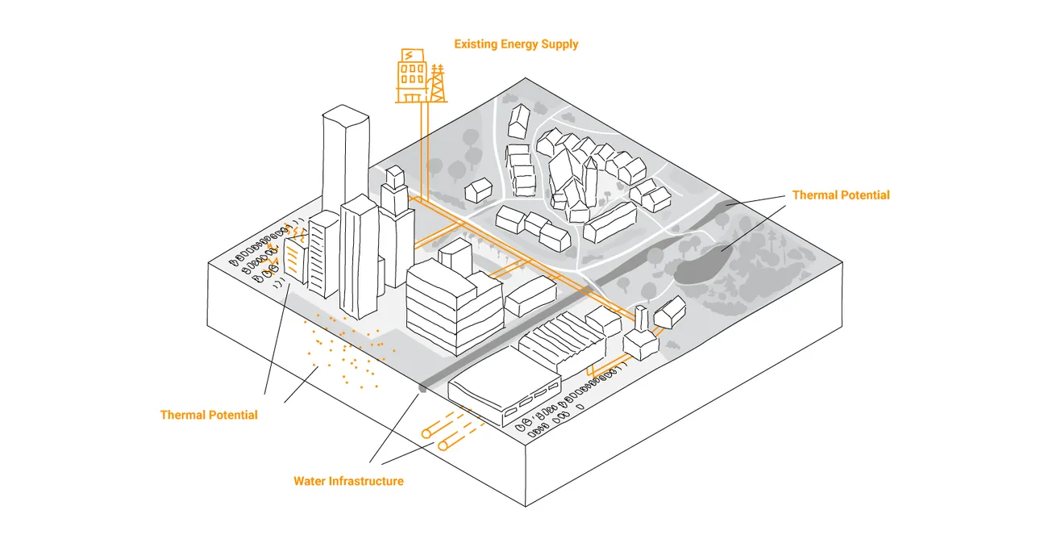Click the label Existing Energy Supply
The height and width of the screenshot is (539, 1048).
[516, 44]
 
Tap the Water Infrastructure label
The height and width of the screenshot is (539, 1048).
[348, 481]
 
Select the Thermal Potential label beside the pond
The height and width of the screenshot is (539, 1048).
[841, 195]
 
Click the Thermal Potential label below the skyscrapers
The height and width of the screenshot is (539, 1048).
[209, 415]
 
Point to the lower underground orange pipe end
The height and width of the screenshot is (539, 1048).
[443, 445]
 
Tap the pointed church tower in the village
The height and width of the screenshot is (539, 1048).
[593, 178]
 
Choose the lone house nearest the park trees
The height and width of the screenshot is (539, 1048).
[479, 190]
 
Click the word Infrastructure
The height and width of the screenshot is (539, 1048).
[365, 481]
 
